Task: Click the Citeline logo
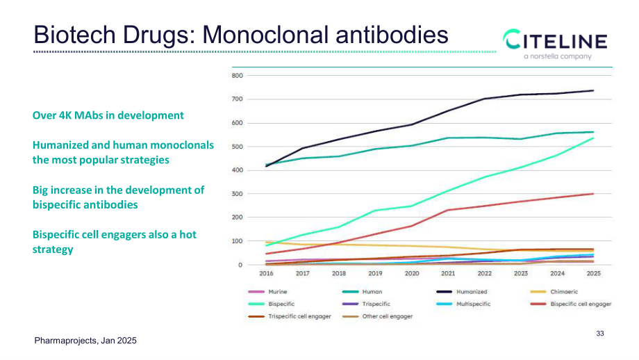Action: (555, 44)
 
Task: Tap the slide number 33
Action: (600, 334)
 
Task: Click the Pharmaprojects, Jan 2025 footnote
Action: (85, 341)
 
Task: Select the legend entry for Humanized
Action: (462, 292)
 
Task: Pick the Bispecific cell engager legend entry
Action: (571, 304)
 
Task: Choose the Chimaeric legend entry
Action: (554, 292)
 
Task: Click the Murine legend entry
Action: (267, 292)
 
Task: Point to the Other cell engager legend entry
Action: (377, 316)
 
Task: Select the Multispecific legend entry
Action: (463, 304)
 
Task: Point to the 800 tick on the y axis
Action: (237, 76)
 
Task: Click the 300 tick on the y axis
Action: (237, 194)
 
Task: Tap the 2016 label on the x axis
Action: (266, 274)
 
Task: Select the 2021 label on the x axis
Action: (448, 274)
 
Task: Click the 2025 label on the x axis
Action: (593, 274)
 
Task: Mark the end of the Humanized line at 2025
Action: (593, 90)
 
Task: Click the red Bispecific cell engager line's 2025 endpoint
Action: (593, 194)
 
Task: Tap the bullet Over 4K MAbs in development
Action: (108, 115)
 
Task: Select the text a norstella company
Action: (558, 56)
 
